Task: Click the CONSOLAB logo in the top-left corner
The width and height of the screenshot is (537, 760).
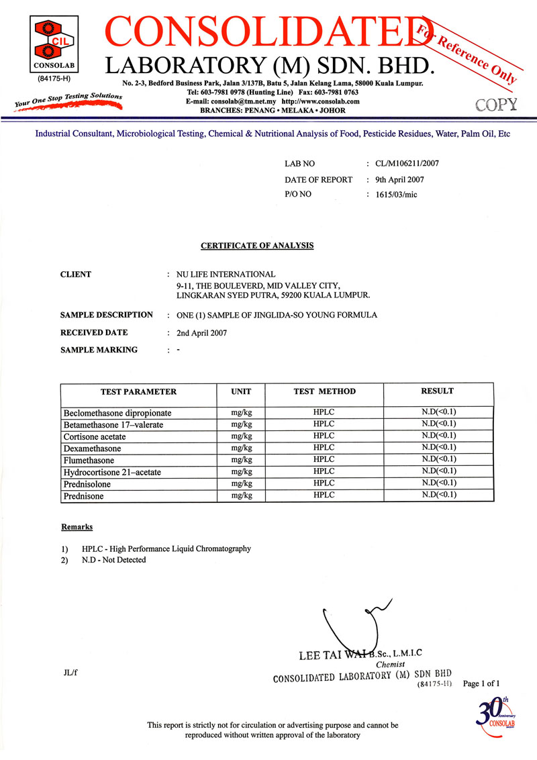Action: pyautogui.click(x=50, y=44)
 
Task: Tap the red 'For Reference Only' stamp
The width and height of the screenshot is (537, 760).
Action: pyautogui.click(x=467, y=54)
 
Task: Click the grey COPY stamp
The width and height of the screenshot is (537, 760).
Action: pyautogui.click(x=496, y=104)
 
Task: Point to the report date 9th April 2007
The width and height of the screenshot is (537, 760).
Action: pyautogui.click(x=400, y=179)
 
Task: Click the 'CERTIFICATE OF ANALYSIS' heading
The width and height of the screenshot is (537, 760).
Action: pyautogui.click(x=257, y=246)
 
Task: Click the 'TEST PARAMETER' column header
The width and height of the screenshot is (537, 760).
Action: pyautogui.click(x=138, y=391)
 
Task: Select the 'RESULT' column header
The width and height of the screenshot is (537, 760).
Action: pyautogui.click(x=437, y=391)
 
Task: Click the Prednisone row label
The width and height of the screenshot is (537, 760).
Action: pyautogui.click(x=87, y=496)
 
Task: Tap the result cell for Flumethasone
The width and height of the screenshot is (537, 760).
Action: pyautogui.click(x=438, y=459)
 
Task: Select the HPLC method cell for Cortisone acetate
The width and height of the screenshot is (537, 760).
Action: pyautogui.click(x=324, y=436)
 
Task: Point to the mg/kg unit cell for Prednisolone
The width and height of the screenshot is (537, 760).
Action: pyautogui.click(x=241, y=483)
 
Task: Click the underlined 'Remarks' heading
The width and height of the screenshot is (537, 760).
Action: pyautogui.click(x=77, y=527)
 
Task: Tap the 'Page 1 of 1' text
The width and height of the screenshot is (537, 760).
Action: pyautogui.click(x=482, y=683)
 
